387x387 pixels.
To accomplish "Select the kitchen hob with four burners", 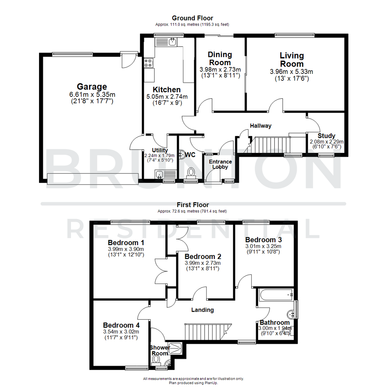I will click(x=148, y=63).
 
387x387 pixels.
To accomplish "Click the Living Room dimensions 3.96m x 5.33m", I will click(x=291, y=72).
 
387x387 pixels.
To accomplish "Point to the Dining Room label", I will click(x=220, y=58).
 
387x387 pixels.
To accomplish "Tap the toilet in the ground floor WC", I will click(x=192, y=172).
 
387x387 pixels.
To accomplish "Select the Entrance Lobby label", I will click(x=220, y=164).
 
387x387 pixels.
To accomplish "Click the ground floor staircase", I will click(x=272, y=144).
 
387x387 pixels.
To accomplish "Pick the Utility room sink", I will click(x=160, y=175).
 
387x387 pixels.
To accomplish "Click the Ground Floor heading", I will click(x=192, y=18).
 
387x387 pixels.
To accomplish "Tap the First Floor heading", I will click(x=192, y=205).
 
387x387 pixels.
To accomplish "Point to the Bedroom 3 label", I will click(x=263, y=239).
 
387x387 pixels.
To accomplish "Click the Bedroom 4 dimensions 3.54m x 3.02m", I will click(x=121, y=331).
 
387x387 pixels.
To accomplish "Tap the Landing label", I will click(x=202, y=310).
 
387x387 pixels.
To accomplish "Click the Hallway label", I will click(x=261, y=126).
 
